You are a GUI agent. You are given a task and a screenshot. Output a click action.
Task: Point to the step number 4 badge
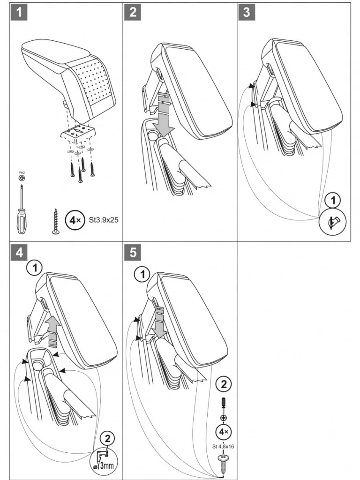pyautogui.click(x=18, y=252)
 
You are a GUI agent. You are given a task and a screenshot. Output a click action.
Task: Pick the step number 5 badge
pyautogui.click(x=133, y=252)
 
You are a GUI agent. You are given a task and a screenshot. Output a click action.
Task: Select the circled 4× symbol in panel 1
pyautogui.click(x=74, y=219)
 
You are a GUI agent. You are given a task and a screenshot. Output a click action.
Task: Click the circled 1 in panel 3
pyautogui.click(x=333, y=201)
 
